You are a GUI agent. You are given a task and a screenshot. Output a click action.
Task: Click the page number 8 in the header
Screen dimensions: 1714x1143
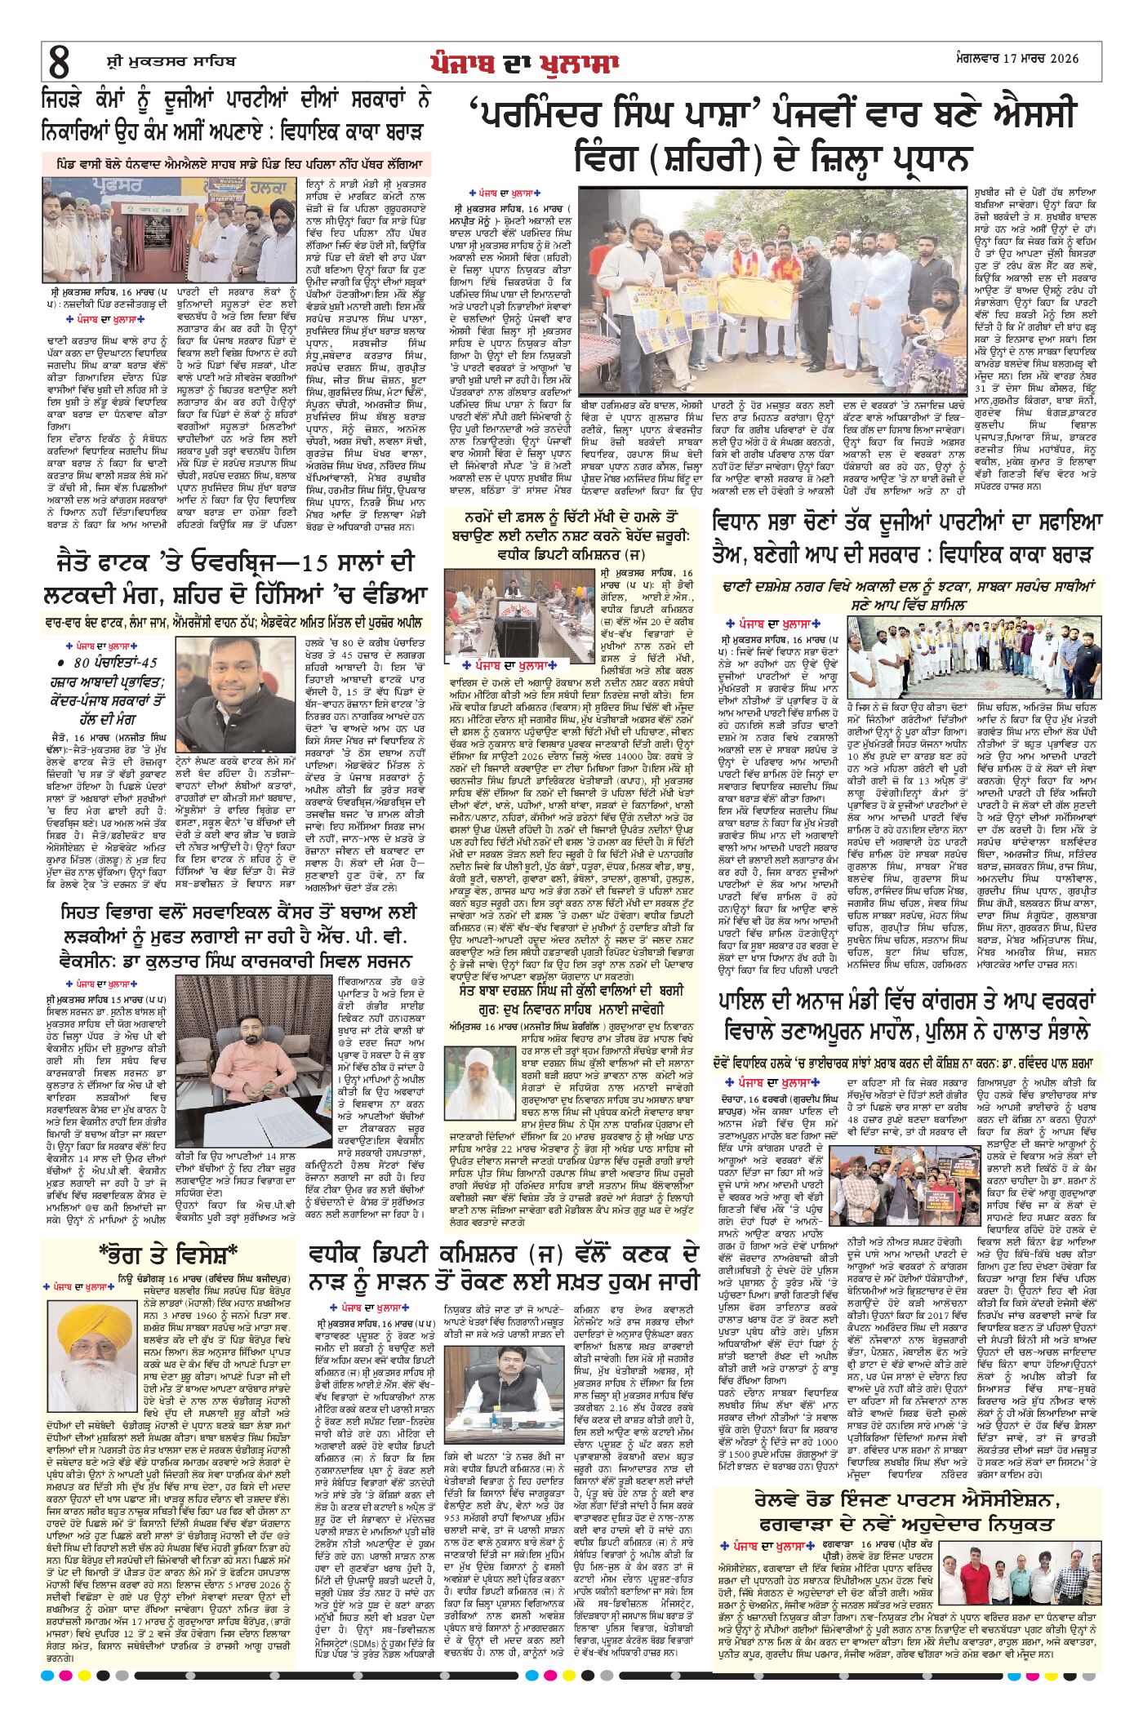[60, 62]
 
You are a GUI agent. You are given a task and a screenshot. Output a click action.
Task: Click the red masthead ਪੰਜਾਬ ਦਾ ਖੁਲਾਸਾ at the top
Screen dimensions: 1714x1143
[525, 63]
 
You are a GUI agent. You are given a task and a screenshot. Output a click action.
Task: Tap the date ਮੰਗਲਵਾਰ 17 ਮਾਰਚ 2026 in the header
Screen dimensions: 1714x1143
[1017, 59]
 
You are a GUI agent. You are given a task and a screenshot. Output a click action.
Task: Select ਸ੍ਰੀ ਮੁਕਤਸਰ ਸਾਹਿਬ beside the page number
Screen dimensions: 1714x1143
[171, 61]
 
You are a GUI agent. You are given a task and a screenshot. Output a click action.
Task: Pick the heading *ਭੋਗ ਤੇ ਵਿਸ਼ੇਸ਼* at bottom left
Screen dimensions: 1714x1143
[167, 1253]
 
